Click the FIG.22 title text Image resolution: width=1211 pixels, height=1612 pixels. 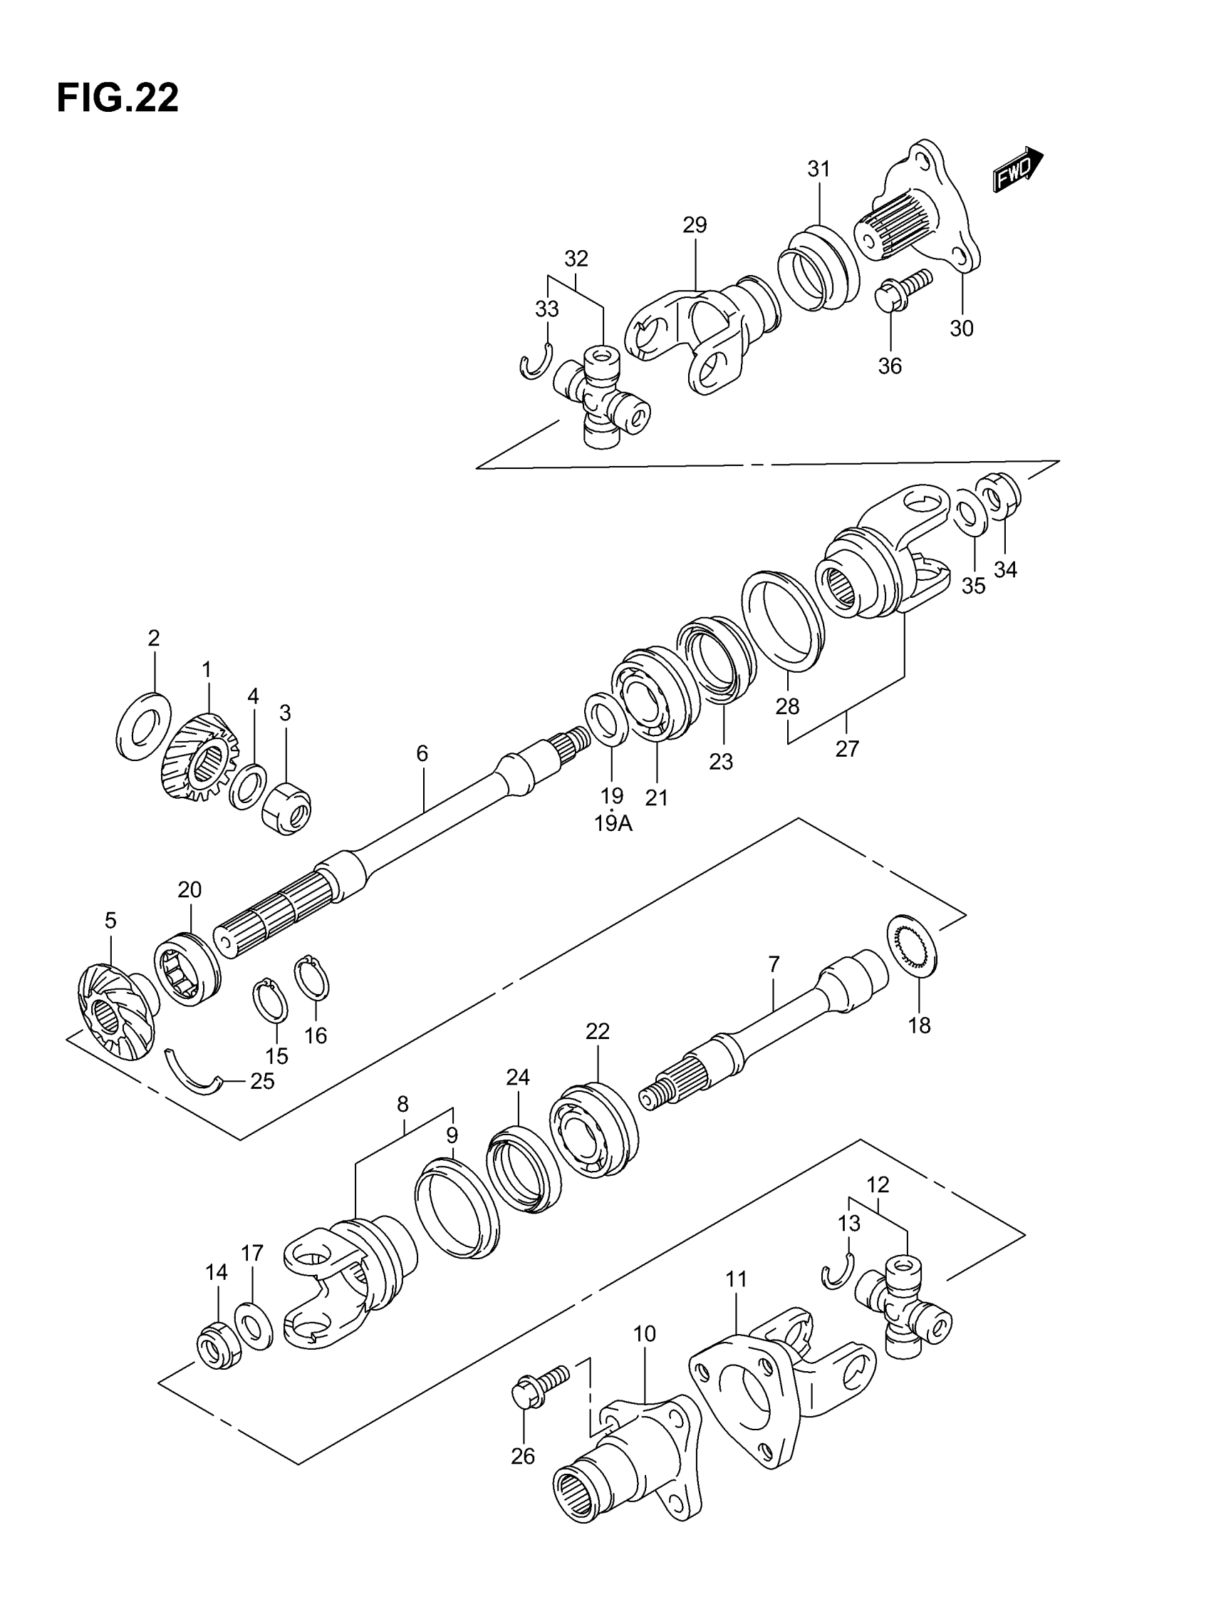point(118,98)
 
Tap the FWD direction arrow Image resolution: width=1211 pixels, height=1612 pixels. point(1017,169)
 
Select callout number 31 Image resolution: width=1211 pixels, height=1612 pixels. point(818,169)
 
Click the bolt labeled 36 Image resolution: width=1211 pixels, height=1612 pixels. point(902,290)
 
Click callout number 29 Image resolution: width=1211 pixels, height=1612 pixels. point(695,225)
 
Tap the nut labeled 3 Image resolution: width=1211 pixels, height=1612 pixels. point(286,807)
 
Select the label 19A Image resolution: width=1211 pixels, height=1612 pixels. point(613,824)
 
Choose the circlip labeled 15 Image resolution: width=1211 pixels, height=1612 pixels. point(269,1003)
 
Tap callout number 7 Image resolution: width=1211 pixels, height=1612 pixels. point(773,964)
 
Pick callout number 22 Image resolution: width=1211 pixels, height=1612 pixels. point(597,1030)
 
